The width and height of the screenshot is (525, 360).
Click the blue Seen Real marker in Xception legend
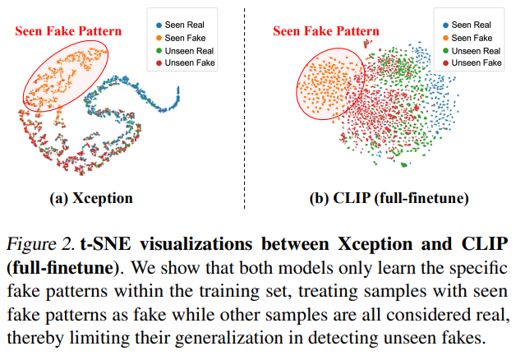click(159, 25)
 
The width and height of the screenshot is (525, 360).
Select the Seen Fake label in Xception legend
click(185, 38)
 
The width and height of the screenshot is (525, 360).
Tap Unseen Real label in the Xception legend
click(189, 51)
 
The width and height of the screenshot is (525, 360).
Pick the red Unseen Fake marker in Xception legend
click(159, 63)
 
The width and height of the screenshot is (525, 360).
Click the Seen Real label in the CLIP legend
click(471, 25)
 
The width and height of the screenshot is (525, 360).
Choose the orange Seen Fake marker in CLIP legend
click(445, 38)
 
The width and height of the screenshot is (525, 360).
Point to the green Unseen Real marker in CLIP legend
click(445, 51)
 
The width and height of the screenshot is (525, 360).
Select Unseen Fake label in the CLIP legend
click(477, 63)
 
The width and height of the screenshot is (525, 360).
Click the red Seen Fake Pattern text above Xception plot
click(68, 31)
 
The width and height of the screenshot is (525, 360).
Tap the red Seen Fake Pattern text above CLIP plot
click(326, 31)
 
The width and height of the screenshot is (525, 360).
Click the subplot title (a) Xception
click(91, 198)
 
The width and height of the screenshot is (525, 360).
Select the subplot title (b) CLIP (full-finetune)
click(389, 198)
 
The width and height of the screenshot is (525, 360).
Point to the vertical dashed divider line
click(244, 108)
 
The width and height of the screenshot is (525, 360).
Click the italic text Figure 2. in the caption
click(40, 244)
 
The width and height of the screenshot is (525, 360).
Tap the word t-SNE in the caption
click(105, 244)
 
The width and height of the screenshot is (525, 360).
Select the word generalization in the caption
click(228, 338)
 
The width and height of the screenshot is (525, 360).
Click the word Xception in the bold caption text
click(375, 244)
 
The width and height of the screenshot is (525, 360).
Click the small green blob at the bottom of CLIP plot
click(404, 164)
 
